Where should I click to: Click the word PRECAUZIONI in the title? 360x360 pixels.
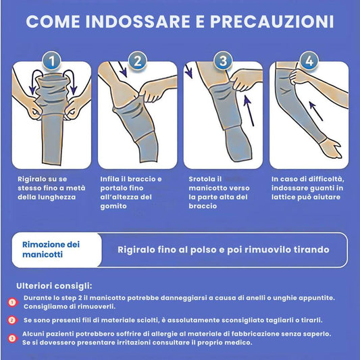click(x=272, y=22)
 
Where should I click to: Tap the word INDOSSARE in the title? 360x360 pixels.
click(x=138, y=22)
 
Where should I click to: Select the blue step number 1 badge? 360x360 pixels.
click(x=51, y=61)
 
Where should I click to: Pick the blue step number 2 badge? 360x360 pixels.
click(x=138, y=61)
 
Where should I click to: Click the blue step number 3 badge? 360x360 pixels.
click(x=223, y=61)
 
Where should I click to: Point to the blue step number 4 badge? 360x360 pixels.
click(x=309, y=61)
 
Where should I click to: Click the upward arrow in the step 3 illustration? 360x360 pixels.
click(x=249, y=111)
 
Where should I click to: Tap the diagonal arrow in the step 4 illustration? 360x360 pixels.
click(x=316, y=111)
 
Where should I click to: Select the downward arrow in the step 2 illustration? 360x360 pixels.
click(x=123, y=70)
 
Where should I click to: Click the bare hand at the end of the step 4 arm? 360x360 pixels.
click(x=330, y=149)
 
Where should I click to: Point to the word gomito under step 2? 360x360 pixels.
click(x=113, y=206)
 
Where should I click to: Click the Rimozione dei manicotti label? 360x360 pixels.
click(x=51, y=249)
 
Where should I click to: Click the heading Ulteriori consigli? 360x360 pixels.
click(x=54, y=286)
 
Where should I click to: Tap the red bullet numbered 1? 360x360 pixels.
click(x=12, y=303)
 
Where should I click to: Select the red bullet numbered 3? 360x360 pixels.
click(x=12, y=338)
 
